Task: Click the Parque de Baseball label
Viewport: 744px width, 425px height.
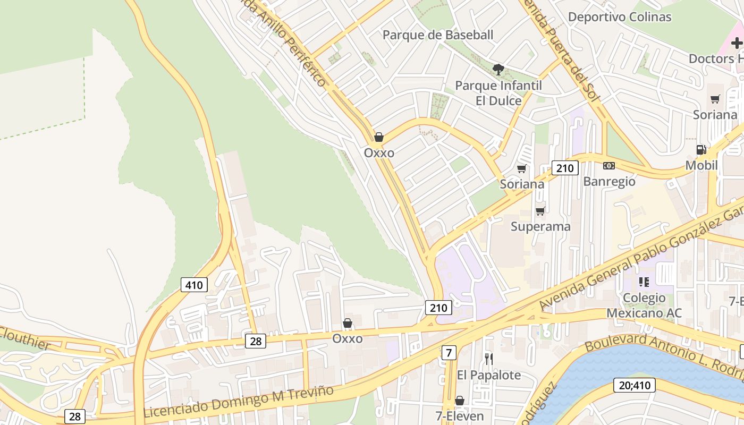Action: click(438, 35)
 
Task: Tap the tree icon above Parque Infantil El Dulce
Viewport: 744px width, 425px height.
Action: click(498, 69)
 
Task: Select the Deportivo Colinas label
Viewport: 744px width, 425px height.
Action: click(620, 16)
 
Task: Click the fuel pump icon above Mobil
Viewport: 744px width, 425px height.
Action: click(701, 150)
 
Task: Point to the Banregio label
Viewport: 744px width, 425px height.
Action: click(609, 181)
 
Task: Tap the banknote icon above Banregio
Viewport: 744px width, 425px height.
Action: click(609, 166)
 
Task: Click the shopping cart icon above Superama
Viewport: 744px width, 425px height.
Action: click(540, 211)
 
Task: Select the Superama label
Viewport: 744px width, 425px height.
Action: click(540, 226)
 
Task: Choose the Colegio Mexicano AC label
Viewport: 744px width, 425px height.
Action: click(644, 305)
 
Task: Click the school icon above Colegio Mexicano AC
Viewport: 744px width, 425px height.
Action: click(644, 282)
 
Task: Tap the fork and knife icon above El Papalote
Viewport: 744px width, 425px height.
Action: click(488, 359)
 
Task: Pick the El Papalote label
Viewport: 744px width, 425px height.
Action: click(488, 375)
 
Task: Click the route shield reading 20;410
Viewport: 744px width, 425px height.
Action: click(635, 385)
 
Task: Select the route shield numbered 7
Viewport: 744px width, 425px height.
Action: click(449, 352)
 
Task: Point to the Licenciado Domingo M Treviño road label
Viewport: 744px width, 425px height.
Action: click(239, 402)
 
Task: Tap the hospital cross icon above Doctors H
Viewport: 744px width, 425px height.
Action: click(737, 43)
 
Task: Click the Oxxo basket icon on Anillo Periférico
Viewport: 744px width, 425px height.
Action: click(379, 138)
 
